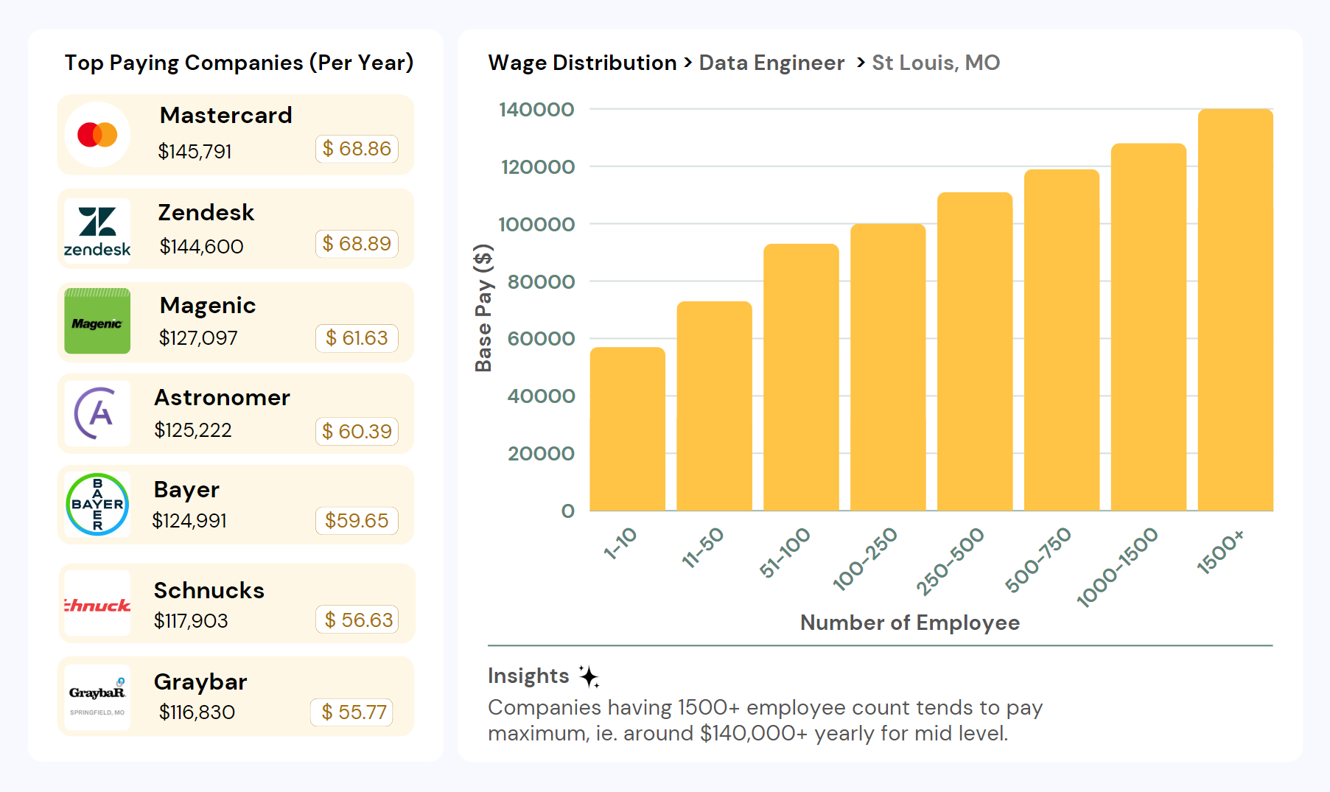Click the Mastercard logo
pyautogui.click(x=97, y=135)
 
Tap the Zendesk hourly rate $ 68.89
pyautogui.click(x=357, y=244)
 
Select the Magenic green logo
pyautogui.click(x=97, y=321)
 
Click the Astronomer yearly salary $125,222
pyautogui.click(x=193, y=430)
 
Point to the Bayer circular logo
pyautogui.click(x=97, y=505)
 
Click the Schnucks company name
pyautogui.click(x=209, y=590)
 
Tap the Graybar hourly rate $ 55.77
pyautogui.click(x=353, y=712)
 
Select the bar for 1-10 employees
pyautogui.click(x=627, y=429)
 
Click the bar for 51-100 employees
pyautogui.click(x=801, y=377)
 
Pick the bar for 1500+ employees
pyautogui.click(x=1235, y=309)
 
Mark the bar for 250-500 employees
pyautogui.click(x=975, y=351)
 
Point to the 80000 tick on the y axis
pyautogui.click(x=541, y=281)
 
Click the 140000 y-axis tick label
pyautogui.click(x=536, y=110)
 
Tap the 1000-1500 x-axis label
pyautogui.click(x=1117, y=567)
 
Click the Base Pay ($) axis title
pyautogui.click(x=483, y=308)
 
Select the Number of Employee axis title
pyautogui.click(x=910, y=623)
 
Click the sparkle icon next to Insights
pyautogui.click(x=589, y=676)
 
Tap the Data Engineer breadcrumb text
pyautogui.click(x=771, y=63)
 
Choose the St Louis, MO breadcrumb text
pyautogui.click(x=936, y=63)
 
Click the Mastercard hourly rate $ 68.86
pyautogui.click(x=357, y=149)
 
